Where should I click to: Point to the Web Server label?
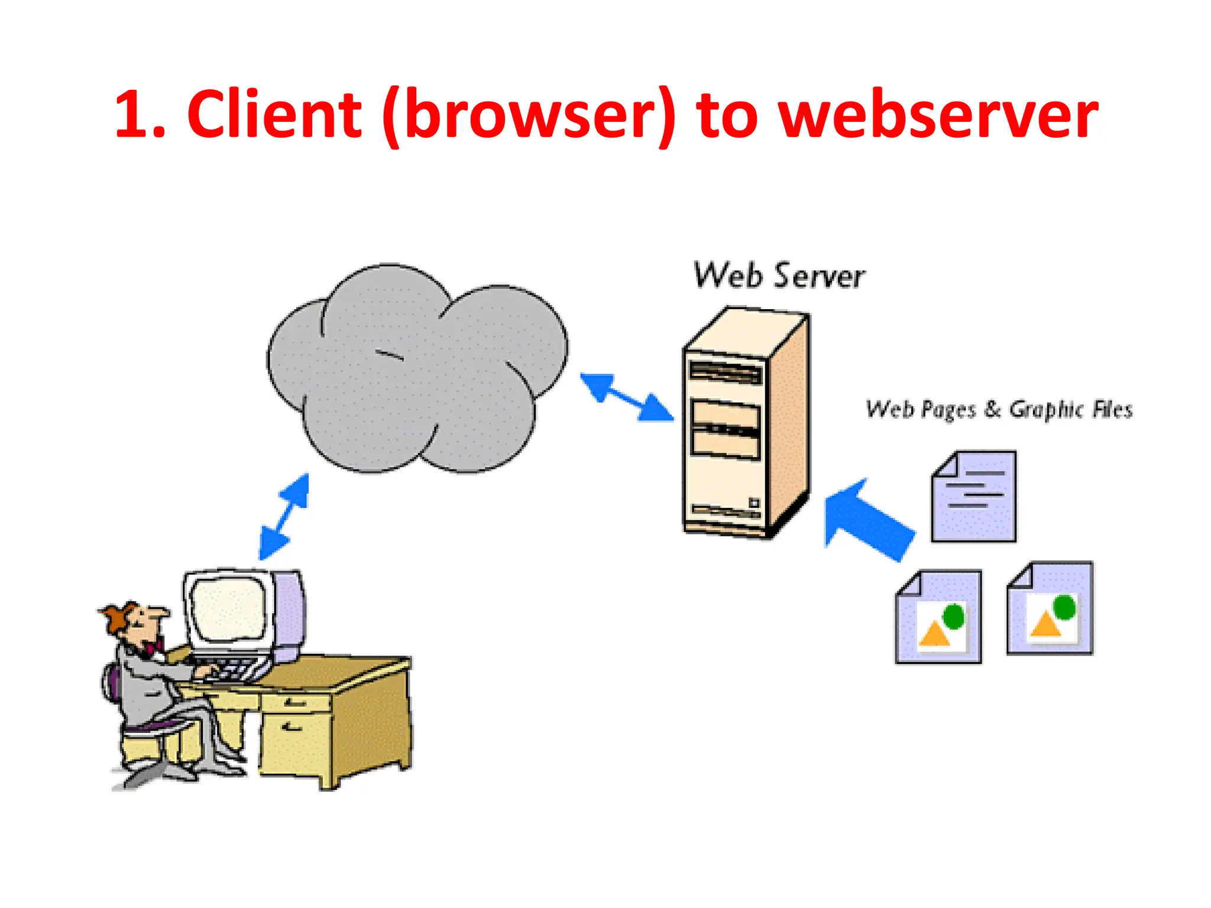(779, 276)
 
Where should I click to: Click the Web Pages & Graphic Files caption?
(999, 409)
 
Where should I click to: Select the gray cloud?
(414, 372)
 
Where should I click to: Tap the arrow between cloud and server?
(626, 397)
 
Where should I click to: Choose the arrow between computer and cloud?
(284, 516)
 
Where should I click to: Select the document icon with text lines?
(974, 497)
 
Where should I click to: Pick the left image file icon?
(938, 617)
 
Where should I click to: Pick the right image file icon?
(1050, 608)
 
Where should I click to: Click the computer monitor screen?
(228, 609)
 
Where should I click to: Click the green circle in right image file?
(1064, 607)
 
